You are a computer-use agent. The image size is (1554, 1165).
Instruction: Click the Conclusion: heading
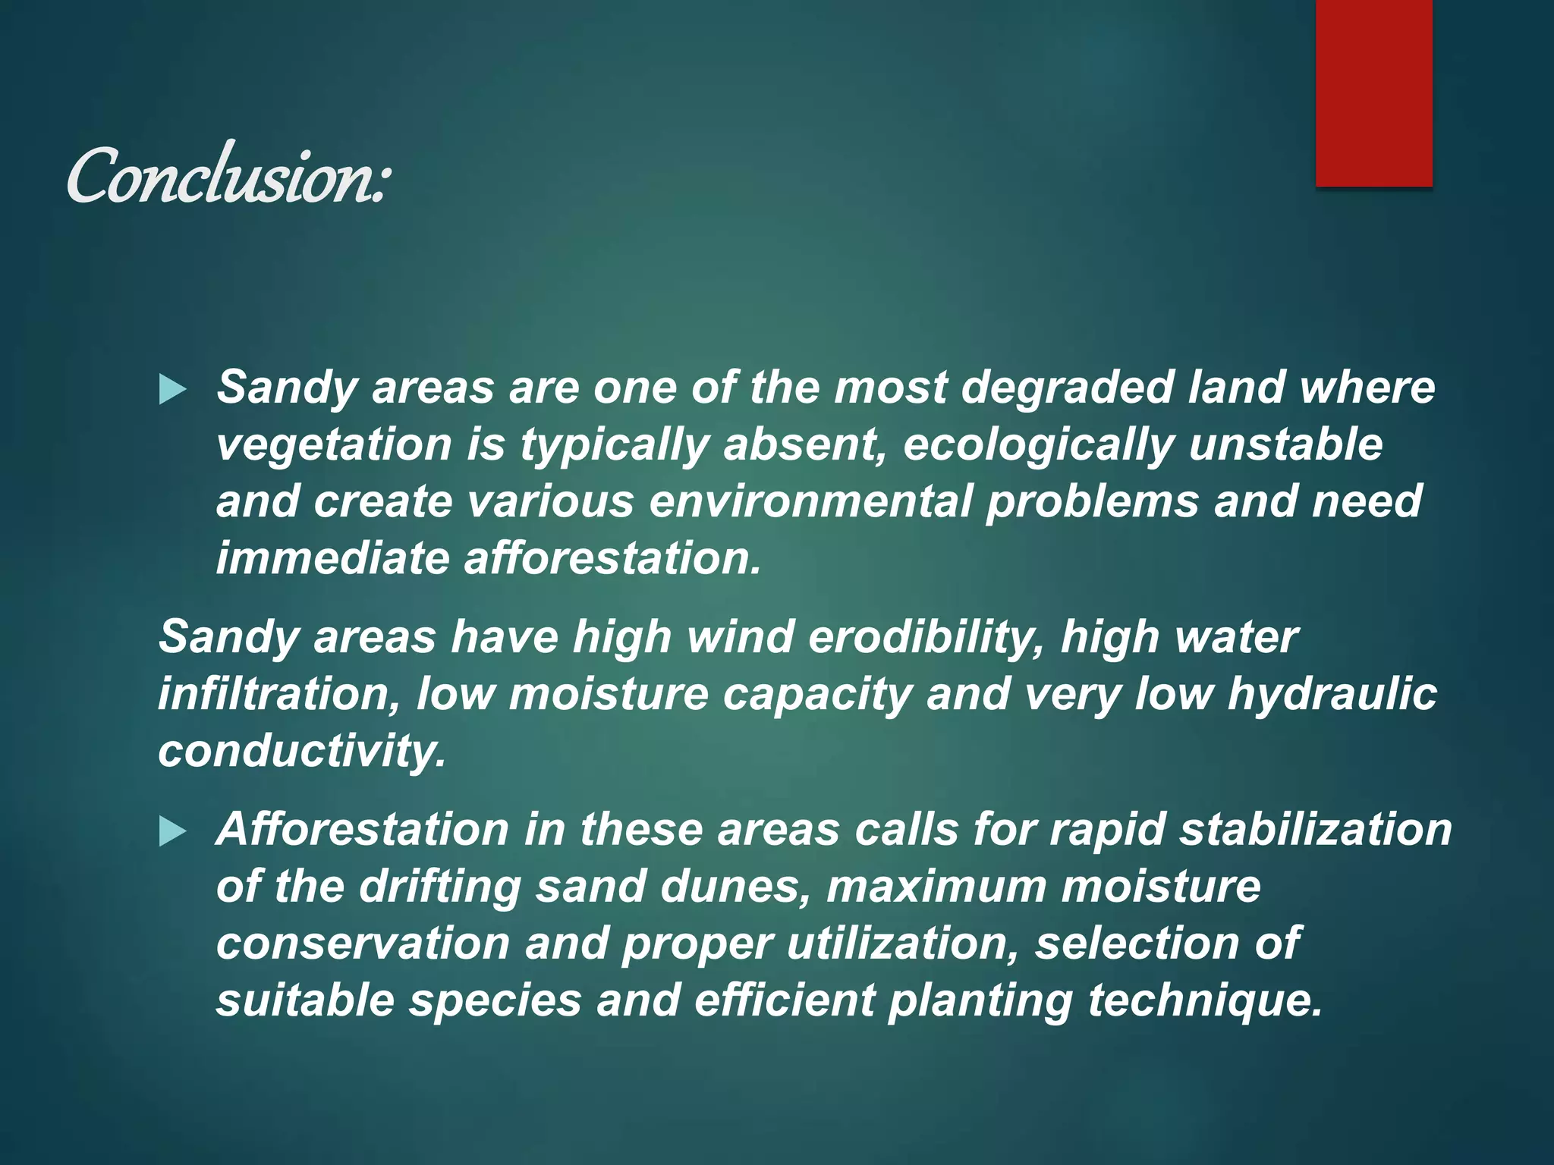tap(228, 177)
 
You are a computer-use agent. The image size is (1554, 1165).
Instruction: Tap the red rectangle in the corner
tap(1373, 93)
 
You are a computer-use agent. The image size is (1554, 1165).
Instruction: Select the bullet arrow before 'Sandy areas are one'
tap(173, 391)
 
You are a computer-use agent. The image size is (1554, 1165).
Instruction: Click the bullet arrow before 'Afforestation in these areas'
tap(173, 832)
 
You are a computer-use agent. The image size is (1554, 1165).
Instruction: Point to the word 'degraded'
tap(1067, 388)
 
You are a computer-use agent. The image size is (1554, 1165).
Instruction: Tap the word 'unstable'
tap(1285, 444)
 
